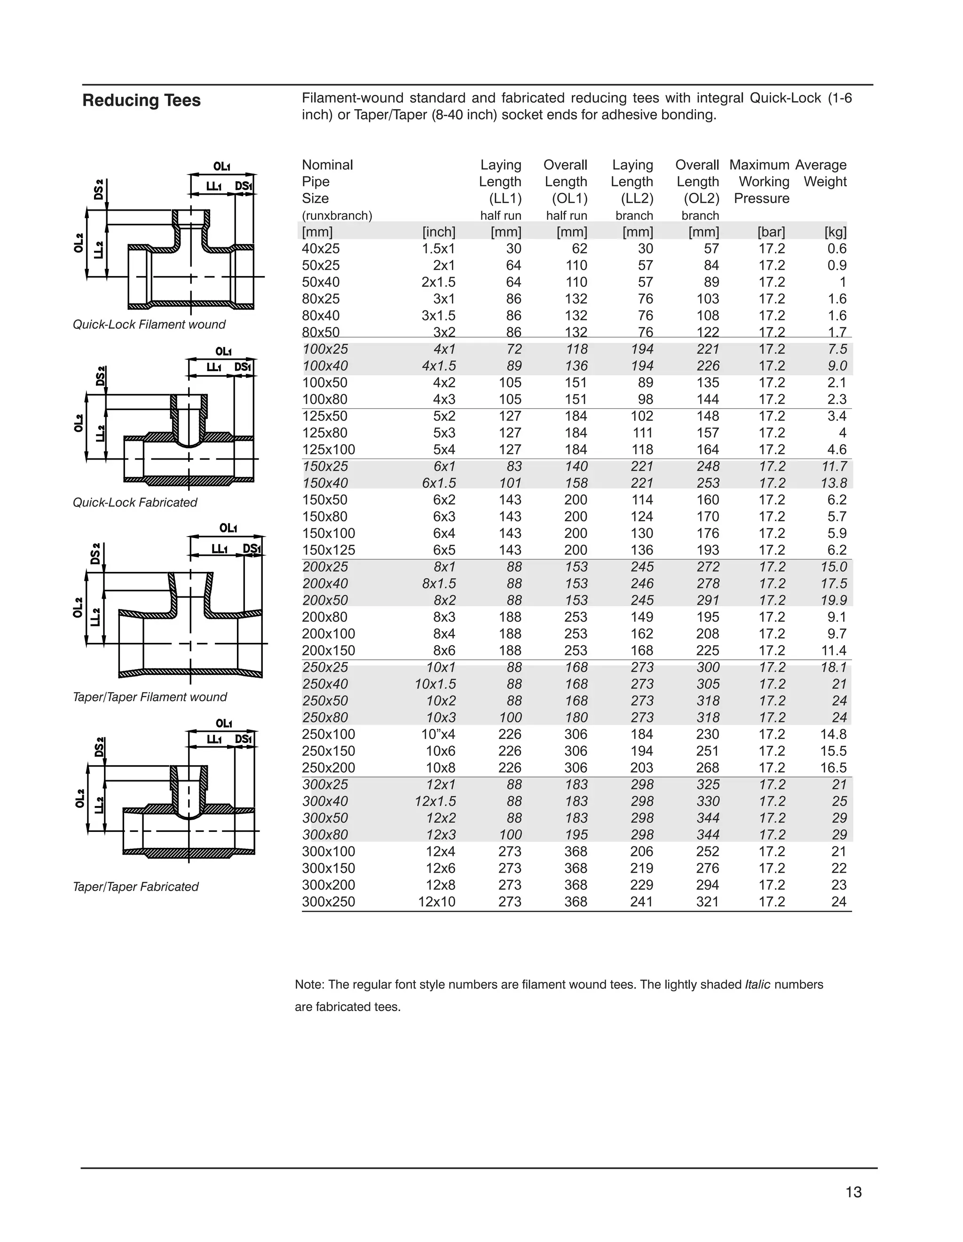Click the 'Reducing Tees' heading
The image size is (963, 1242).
[142, 100]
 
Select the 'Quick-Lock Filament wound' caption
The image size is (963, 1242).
[149, 324]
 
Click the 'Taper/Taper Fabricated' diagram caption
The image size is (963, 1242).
[136, 886]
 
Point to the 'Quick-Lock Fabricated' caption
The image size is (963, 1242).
[135, 503]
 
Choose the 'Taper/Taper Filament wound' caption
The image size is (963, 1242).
[150, 697]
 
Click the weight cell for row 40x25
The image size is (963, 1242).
[837, 249]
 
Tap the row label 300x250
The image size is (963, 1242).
[329, 902]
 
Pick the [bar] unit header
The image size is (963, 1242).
[772, 232]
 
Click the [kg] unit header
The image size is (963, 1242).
[835, 232]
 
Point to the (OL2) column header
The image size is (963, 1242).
[701, 198]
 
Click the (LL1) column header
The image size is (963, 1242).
[505, 198]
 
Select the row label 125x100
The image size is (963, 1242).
[329, 450]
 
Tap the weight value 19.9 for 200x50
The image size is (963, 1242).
[834, 601]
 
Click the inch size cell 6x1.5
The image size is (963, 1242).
[438, 483]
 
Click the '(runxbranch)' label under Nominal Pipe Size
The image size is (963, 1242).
[337, 215]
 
